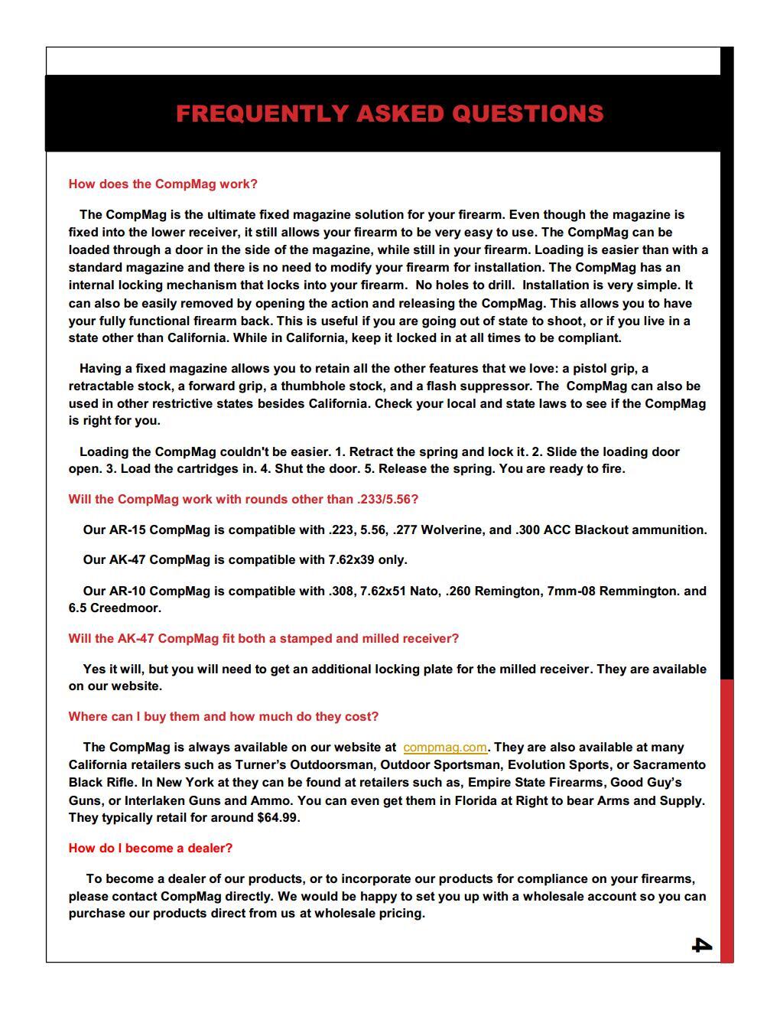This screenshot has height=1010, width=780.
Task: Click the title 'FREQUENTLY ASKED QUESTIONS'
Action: point(389,113)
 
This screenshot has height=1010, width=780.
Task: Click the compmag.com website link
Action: point(444,748)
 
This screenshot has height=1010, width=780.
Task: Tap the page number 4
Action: point(701,945)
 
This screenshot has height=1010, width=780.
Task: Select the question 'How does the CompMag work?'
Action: point(163,184)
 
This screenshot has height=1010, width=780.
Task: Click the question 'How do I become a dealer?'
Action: point(150,849)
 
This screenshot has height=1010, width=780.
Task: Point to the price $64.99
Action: point(277,818)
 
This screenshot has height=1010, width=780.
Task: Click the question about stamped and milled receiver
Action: point(263,639)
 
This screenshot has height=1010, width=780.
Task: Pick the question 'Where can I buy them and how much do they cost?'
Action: point(223,717)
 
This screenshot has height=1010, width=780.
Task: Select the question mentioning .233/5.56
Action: point(243,500)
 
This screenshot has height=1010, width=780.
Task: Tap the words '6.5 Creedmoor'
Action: point(114,608)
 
